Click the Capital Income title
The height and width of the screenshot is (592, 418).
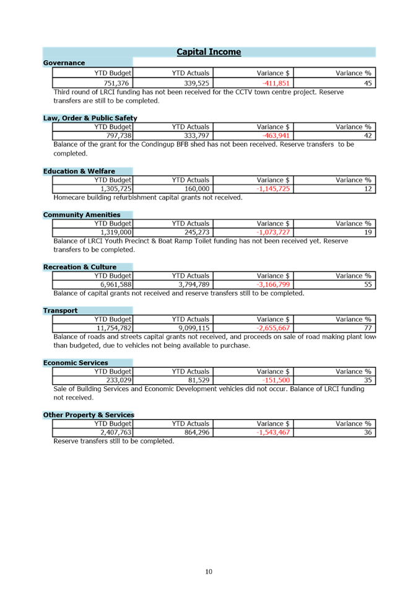(x=209, y=52)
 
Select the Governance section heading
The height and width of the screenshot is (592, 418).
(x=64, y=63)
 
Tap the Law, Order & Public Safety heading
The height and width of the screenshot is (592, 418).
(x=90, y=118)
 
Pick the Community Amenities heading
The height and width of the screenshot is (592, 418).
(x=82, y=214)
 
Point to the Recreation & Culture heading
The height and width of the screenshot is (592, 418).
(x=79, y=267)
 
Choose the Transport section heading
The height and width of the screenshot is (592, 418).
(x=60, y=311)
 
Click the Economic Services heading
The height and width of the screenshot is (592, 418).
(x=76, y=363)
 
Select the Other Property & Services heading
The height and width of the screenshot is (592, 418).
(x=88, y=415)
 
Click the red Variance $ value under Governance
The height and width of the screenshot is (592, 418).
(x=276, y=83)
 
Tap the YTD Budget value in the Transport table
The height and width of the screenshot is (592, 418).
(x=114, y=328)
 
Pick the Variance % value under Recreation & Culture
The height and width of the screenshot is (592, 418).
(x=368, y=285)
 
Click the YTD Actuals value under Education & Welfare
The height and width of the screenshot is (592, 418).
(x=198, y=188)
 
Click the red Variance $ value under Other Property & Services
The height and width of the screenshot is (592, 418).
(x=273, y=433)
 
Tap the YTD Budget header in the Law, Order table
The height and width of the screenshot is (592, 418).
(x=113, y=126)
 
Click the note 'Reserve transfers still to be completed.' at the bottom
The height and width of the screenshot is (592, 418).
(x=113, y=441)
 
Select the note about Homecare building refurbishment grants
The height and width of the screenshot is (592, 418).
(x=147, y=198)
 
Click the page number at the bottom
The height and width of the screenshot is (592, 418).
(x=209, y=571)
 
